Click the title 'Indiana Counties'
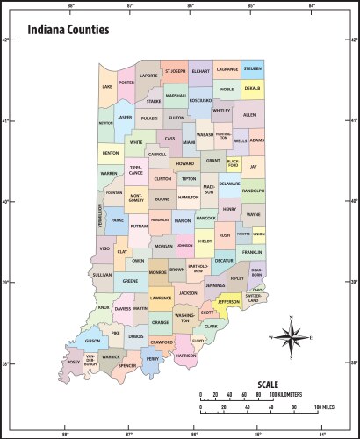pyautogui.click(x=68, y=30)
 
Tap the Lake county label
pyautogui.click(x=107, y=87)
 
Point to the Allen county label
pyautogui.click(x=249, y=115)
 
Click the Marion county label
pyautogui.click(x=183, y=221)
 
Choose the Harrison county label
pyautogui.click(x=186, y=356)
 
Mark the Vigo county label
pyautogui.click(x=104, y=249)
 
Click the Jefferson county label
pyautogui.click(x=228, y=302)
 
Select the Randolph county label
pyautogui.click(x=253, y=191)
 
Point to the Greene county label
pyautogui.click(x=130, y=281)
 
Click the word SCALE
pyautogui.click(x=268, y=385)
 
